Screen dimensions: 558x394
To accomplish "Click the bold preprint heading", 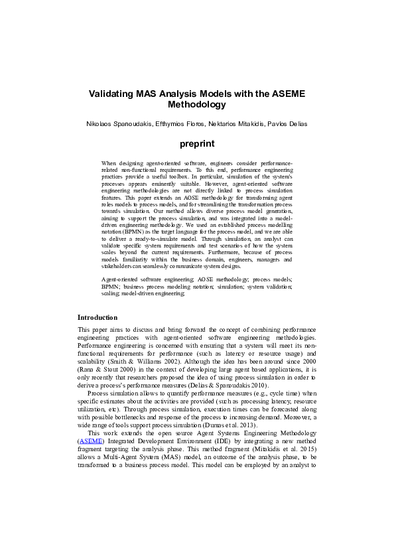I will click(x=197, y=143).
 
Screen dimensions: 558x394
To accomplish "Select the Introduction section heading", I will click(x=98, y=317).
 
